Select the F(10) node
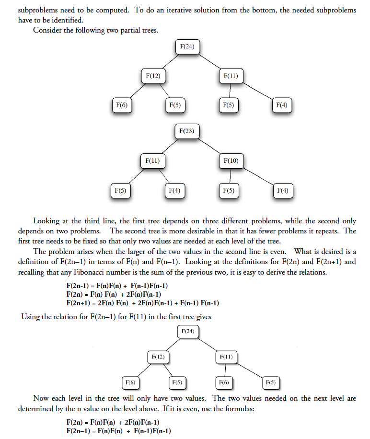pyautogui.click(x=231, y=161)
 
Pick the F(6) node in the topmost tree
pyautogui.click(x=121, y=104)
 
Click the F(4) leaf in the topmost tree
pyautogui.click(x=282, y=104)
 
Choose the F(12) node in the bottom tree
pyautogui.click(x=158, y=357)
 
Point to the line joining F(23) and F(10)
pyautogui.click(x=209, y=146)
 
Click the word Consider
pyautogui.click(x=46, y=30)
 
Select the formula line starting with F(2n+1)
pyautogui.click(x=142, y=303)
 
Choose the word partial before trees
pyautogui.click(x=128, y=30)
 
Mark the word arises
pyautogui.click(x=76, y=252)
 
